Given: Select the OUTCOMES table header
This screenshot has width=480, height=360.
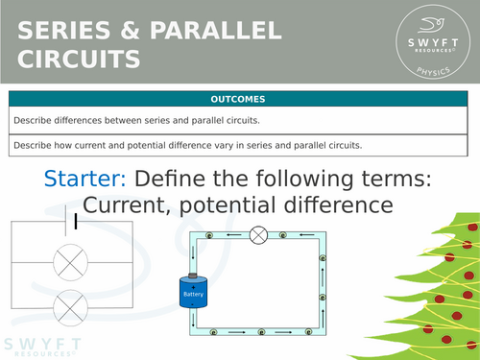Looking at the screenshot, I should pyautogui.click(x=240, y=99).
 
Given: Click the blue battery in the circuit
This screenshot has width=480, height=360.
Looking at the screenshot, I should pyautogui.click(x=195, y=293).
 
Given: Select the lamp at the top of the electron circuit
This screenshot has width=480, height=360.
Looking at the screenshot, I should pyautogui.click(x=257, y=233).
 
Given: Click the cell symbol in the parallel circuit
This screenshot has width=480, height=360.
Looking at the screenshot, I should pyautogui.click(x=76, y=223).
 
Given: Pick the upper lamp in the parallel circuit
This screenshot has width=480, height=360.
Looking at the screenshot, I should pyautogui.click(x=70, y=260).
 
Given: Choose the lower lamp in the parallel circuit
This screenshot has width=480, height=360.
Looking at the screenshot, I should pyautogui.click(x=70, y=307).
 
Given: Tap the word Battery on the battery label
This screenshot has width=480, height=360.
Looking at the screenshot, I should pyautogui.click(x=195, y=294).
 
